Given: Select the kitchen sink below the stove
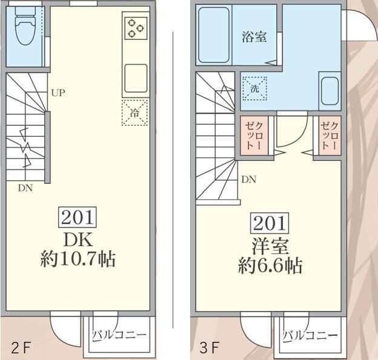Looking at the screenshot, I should [135, 77].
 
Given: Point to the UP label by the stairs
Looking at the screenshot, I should [58, 93].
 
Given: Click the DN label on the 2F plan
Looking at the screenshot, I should [25, 188].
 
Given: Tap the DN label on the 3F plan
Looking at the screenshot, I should [248, 179].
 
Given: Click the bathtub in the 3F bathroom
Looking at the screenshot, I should [214, 34].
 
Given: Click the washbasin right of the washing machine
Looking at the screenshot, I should [330, 91].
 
